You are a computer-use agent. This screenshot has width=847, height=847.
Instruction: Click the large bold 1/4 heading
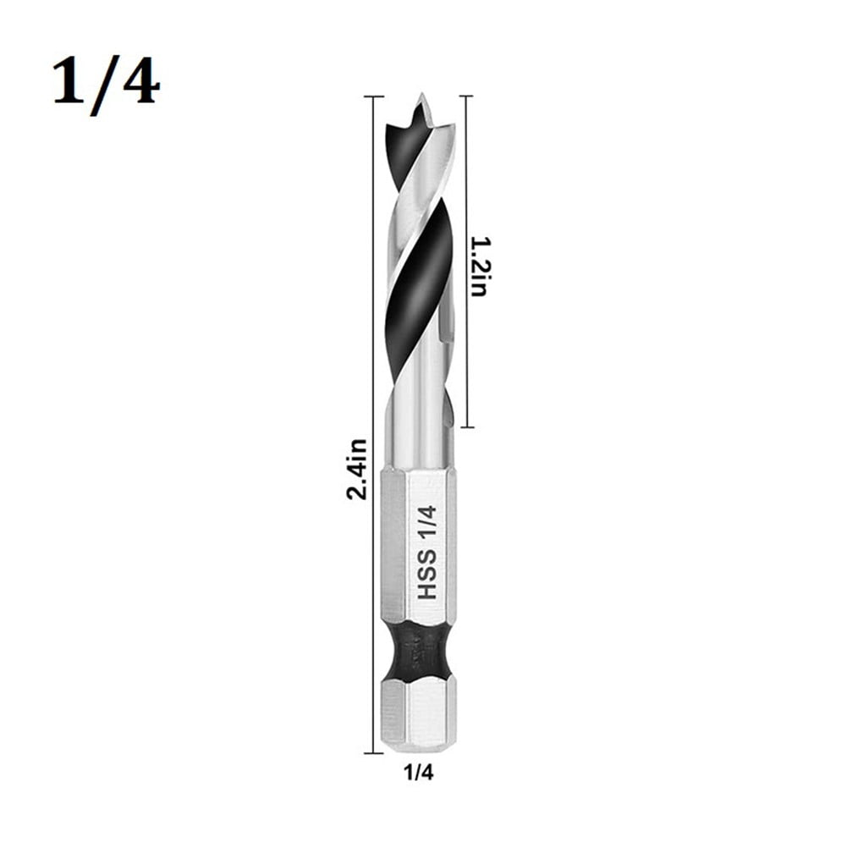(x=106, y=83)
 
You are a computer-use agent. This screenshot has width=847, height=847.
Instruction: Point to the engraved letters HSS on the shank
(x=428, y=575)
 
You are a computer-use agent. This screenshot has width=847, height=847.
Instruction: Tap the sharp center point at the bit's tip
(x=420, y=108)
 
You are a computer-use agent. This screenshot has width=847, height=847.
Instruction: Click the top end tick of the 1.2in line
(x=465, y=97)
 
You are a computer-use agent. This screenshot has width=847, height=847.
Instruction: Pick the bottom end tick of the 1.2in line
(x=465, y=427)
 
